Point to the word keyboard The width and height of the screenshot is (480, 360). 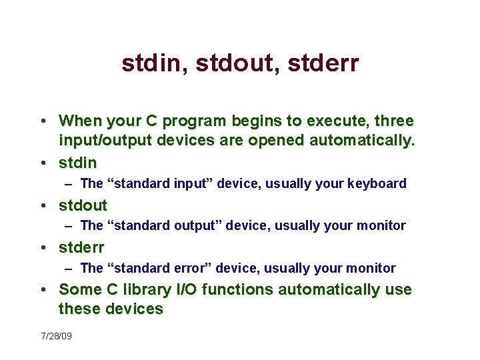point(377,183)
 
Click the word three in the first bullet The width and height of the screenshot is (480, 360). point(394,121)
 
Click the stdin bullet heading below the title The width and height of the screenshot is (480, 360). point(78,163)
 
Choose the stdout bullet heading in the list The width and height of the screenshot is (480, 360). point(83,205)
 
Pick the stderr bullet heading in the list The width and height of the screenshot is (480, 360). point(82,247)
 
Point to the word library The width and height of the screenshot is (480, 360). point(151,290)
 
